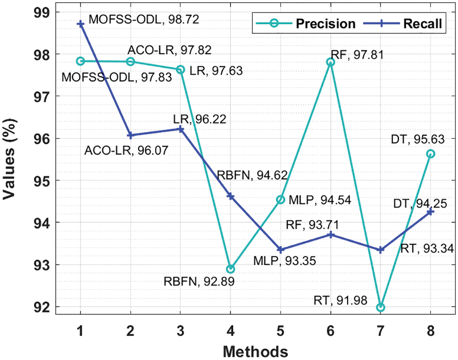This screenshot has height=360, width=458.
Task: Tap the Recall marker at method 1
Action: pos(81,23)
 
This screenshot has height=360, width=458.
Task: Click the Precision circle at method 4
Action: pos(230,269)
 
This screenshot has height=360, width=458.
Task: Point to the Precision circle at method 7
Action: pos(380,307)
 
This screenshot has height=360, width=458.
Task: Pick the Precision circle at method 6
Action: pos(330,62)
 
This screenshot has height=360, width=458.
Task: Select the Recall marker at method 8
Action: pos(430,211)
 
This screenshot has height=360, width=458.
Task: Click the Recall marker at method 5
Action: pos(280,250)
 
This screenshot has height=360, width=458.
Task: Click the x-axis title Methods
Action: pos(255,351)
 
